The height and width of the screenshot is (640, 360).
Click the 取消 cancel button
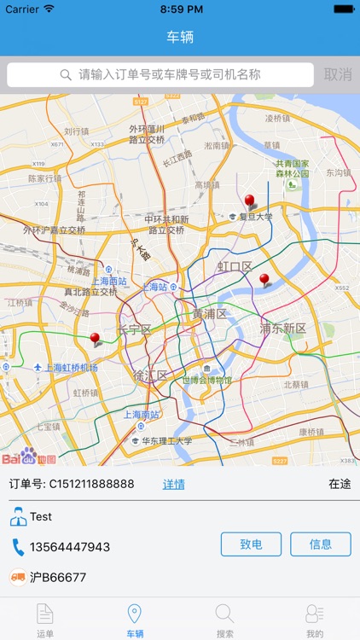coord(338,75)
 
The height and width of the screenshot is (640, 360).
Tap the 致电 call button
coord(251,544)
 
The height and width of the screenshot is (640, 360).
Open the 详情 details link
coord(174,484)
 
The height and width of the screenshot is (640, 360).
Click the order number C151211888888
coord(91,484)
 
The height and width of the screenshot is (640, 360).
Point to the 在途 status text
coord(340,484)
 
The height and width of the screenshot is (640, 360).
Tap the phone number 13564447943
coord(70,547)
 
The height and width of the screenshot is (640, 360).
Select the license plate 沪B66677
coord(58,578)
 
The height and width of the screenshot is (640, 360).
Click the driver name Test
coord(41,516)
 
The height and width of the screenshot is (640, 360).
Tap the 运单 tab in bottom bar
coord(45,620)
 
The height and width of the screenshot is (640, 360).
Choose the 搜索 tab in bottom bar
coord(225,620)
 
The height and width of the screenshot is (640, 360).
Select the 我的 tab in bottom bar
coord(315,620)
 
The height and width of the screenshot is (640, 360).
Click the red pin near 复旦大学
coord(249,201)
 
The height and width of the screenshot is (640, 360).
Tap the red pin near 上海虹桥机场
coord(95,339)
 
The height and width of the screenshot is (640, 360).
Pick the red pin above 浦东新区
coord(264,279)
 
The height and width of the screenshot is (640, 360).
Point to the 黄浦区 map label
coord(209,314)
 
